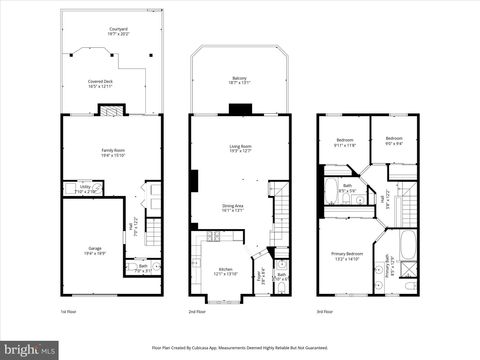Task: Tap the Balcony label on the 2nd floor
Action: (x=239, y=79)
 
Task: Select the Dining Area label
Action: (x=233, y=208)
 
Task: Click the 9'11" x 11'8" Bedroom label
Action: (x=344, y=141)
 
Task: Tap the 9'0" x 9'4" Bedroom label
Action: (x=394, y=140)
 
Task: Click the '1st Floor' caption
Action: (x=68, y=312)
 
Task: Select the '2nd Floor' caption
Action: (x=199, y=312)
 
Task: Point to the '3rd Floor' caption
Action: (x=327, y=312)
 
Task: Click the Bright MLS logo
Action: (x=29, y=350)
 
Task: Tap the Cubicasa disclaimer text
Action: (x=240, y=349)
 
